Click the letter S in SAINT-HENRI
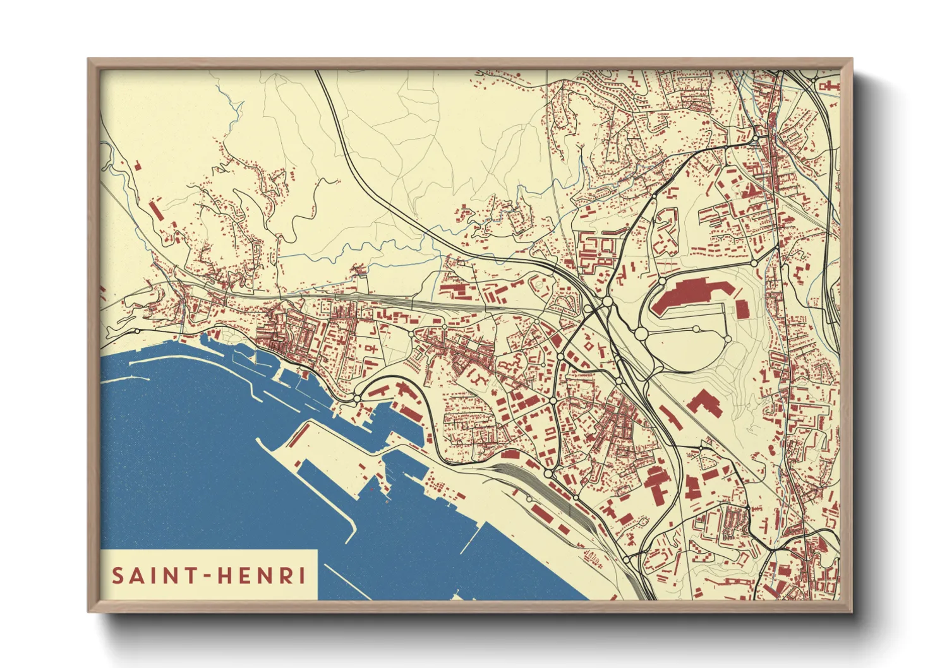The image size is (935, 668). [x=118, y=576]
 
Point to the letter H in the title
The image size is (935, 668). [x=224, y=576]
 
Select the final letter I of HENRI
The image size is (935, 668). [x=302, y=576]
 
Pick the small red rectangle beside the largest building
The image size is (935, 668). [x=742, y=309]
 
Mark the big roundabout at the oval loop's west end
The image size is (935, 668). [x=641, y=333]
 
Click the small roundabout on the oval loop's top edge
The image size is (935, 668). [x=696, y=328]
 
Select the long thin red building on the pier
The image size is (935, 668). [x=411, y=414]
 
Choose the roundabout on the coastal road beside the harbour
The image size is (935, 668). [x=357, y=398]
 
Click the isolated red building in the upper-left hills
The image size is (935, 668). [x=138, y=166]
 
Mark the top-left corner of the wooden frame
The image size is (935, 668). [x=89, y=61]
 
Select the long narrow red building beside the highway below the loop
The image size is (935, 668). [x=671, y=418]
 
